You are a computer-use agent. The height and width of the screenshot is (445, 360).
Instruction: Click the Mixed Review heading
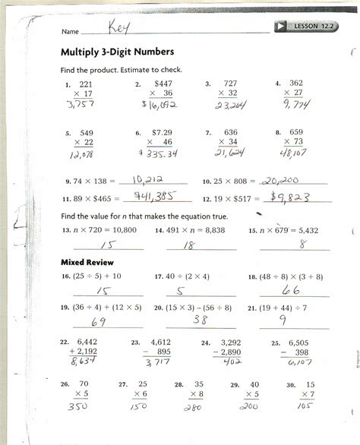[x=81, y=262]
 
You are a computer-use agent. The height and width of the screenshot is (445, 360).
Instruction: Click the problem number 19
[x=66, y=308]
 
